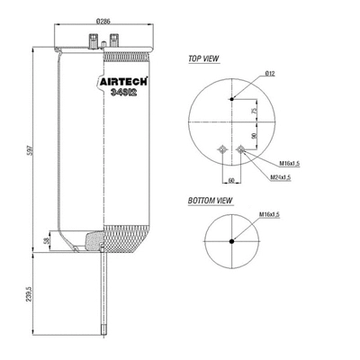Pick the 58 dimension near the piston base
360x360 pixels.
[x=47, y=244]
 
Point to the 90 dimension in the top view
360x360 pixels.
[x=255, y=135]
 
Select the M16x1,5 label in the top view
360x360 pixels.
[x=292, y=164]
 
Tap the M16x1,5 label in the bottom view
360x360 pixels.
[x=269, y=215]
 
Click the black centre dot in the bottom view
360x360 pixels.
[x=231, y=240]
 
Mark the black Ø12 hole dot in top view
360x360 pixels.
[x=231, y=98]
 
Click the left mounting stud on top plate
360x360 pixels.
[x=93, y=39]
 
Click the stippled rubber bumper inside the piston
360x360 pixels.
[x=93, y=240]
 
